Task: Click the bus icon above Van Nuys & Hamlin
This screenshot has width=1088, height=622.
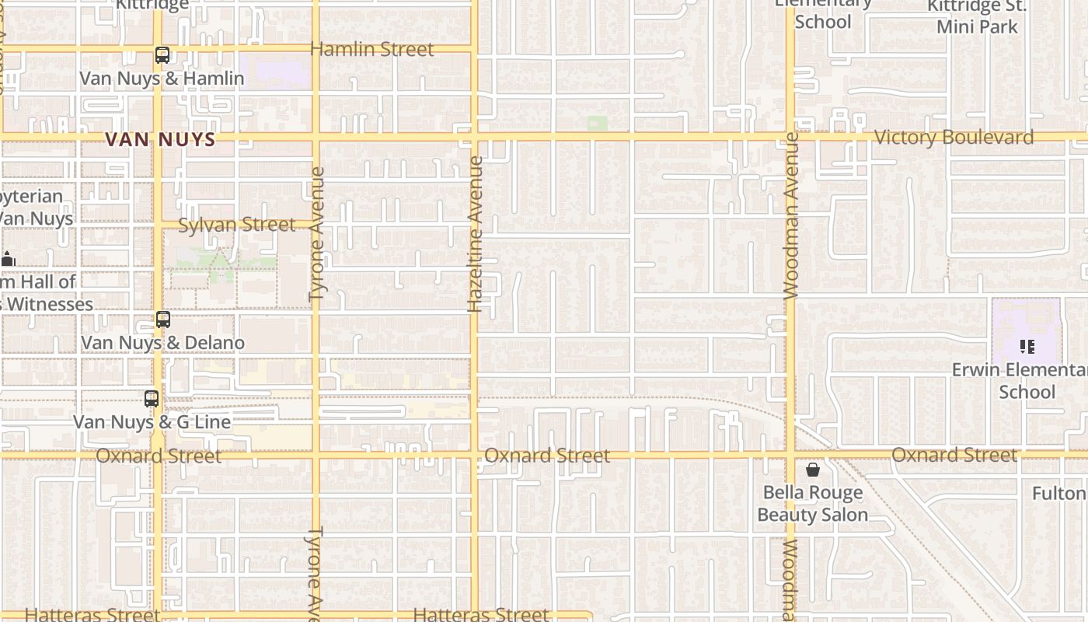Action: coord(162,55)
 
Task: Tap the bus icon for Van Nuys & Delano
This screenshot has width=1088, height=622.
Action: coord(163,320)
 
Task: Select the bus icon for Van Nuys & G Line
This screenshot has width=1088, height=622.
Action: coord(152,399)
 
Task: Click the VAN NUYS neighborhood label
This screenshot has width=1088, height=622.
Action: coord(159,139)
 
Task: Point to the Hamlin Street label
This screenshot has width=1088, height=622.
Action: coord(371,49)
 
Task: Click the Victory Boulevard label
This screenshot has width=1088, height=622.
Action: coord(954,138)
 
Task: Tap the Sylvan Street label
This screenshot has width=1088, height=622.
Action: coord(236,225)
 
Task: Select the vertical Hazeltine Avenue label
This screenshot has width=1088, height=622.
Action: coord(476,234)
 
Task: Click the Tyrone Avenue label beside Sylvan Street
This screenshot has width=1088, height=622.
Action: coord(316,234)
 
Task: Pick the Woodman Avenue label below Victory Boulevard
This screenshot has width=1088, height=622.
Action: coord(791,215)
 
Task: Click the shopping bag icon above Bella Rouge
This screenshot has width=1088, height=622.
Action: coord(812,470)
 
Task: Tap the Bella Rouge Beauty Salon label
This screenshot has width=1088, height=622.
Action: coord(812,504)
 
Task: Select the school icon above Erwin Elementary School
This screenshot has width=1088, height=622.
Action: coord(1027,347)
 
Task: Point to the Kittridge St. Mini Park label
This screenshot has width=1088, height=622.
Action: coord(977,16)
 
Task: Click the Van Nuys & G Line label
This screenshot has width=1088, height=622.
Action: coord(152,422)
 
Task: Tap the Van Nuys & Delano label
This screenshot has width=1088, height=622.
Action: coord(162,343)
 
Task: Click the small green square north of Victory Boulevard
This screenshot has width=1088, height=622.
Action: coord(597,123)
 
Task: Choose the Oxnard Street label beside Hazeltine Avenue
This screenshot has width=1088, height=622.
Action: coord(547,456)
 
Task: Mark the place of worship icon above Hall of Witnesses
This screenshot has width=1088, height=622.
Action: coord(8,259)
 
